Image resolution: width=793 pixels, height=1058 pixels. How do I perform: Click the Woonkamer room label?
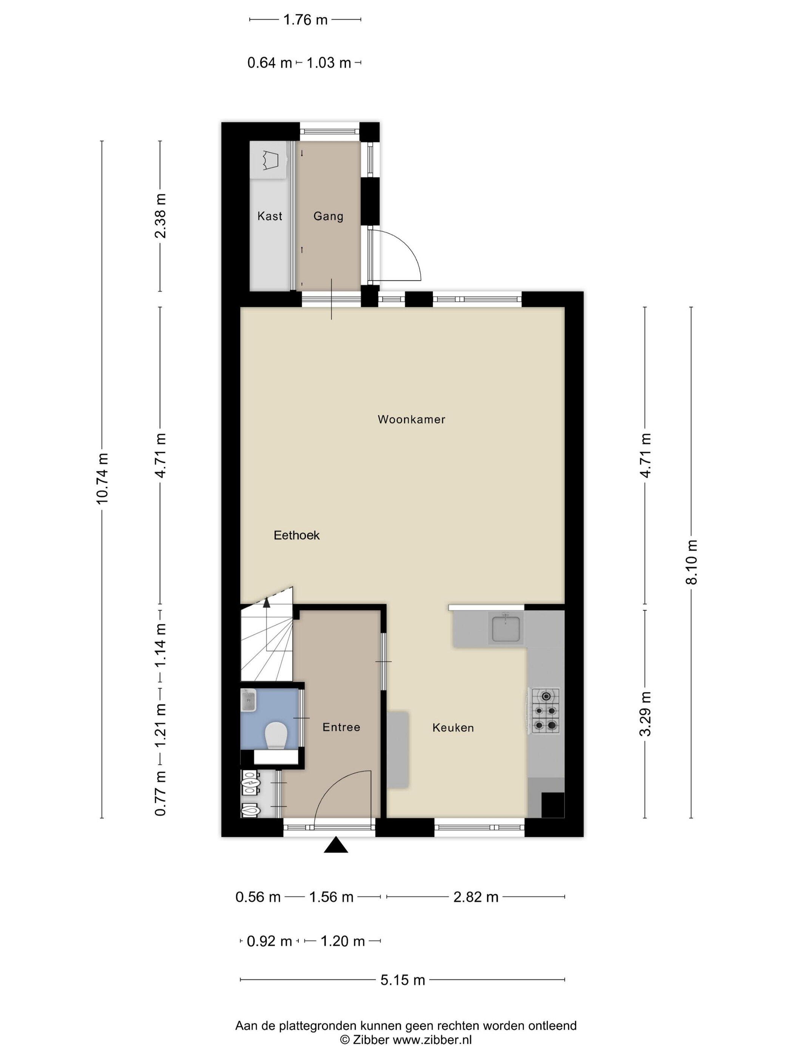pos(411,419)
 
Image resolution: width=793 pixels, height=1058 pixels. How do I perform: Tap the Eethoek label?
pos(296,535)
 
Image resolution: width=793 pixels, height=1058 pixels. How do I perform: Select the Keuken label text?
pos(453,727)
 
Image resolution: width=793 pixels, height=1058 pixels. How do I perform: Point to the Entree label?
pos(341,727)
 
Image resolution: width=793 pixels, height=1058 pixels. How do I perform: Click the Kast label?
pos(270,216)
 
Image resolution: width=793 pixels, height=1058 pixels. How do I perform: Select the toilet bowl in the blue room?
pos(275,735)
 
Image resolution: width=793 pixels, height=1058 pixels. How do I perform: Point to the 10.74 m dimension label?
pos(102,478)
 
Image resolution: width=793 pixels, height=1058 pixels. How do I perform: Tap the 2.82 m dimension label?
pos(475,897)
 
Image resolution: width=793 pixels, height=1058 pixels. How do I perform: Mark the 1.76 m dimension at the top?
pos(305,20)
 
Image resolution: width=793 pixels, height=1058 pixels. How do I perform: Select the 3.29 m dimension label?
pos(645,714)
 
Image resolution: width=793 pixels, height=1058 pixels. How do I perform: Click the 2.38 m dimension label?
pos(160,216)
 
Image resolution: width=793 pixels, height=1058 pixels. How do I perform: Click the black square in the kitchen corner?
pos(552,805)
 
